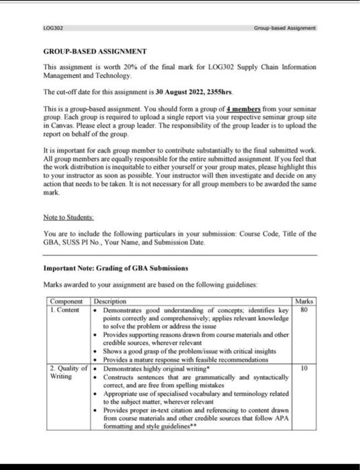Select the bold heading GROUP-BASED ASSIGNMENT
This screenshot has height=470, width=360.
click(x=95, y=52)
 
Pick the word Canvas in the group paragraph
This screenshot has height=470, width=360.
click(x=64, y=124)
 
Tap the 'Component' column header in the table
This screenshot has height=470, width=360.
click(x=68, y=301)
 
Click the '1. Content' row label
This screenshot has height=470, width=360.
click(x=66, y=309)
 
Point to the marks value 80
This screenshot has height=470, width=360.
click(x=304, y=310)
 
